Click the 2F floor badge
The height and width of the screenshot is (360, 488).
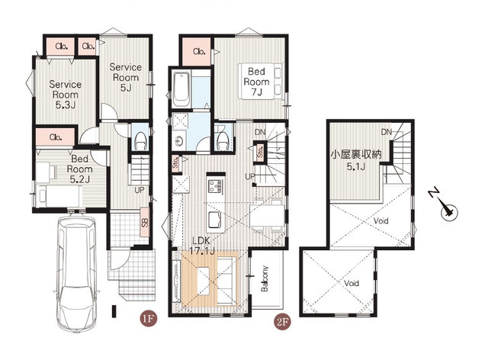click(283, 322)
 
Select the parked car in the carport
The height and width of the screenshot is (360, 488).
click(76, 274)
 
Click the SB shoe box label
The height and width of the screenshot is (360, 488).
click(145, 222)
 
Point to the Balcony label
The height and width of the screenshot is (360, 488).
click(265, 278)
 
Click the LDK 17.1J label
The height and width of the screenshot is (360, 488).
click(201, 246)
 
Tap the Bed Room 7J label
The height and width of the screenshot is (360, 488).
click(256, 82)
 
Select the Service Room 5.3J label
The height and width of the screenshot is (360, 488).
click(66, 95)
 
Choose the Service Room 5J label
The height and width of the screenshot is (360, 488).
click(125, 77)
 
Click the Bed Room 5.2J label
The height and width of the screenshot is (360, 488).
click(79, 169)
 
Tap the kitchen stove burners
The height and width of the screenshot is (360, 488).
click(215, 186)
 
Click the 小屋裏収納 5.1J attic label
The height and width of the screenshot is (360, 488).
click(356, 160)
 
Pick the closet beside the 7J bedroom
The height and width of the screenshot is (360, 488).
click(197, 51)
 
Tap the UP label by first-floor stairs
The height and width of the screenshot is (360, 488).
click(139, 190)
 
